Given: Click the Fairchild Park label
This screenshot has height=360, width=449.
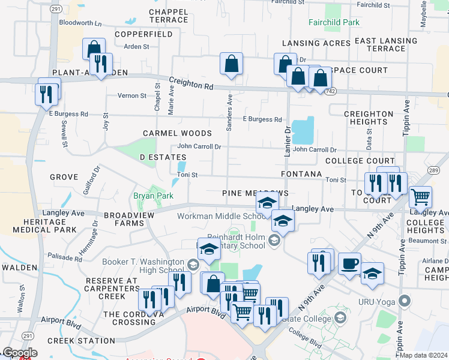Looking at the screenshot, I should point(334,23).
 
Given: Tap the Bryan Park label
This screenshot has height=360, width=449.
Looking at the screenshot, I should point(153,196).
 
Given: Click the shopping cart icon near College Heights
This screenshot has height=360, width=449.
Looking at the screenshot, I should point(420,196).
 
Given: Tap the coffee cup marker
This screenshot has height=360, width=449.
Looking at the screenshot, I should point(349,263).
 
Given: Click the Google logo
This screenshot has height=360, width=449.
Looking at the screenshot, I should point(20,353).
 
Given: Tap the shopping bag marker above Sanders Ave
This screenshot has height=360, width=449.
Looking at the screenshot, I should point(231,64).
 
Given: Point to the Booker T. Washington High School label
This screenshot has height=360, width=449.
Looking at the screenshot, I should point(143,266).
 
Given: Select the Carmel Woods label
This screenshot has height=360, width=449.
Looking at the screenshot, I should point(177,133).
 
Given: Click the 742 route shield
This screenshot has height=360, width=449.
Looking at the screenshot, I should point(330,91).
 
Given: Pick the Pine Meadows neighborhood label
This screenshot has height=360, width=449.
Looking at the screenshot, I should point(255,193).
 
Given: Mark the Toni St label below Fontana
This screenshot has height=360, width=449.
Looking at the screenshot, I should point(336,179).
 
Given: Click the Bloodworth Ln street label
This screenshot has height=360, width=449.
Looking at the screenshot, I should point(81,23).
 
